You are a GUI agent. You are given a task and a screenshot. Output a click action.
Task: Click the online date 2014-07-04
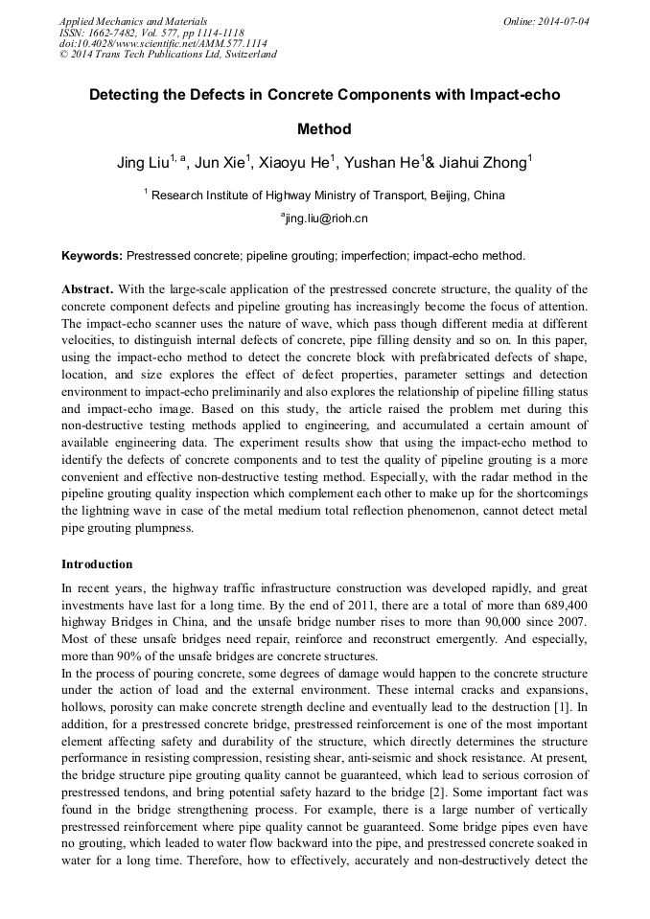(x=565, y=21)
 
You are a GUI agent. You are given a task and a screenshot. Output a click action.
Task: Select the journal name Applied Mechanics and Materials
(x=133, y=21)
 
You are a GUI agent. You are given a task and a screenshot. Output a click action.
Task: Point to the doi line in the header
(x=163, y=43)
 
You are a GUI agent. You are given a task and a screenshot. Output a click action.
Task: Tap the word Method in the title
(x=324, y=129)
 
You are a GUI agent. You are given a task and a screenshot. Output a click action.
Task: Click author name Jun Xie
(x=220, y=164)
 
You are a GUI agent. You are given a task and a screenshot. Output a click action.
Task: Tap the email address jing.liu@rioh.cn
(x=326, y=218)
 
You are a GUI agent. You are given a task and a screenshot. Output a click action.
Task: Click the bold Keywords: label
(x=92, y=256)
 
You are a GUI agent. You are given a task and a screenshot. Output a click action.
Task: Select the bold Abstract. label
(x=88, y=289)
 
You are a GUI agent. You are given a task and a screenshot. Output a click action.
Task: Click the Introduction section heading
(x=97, y=563)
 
